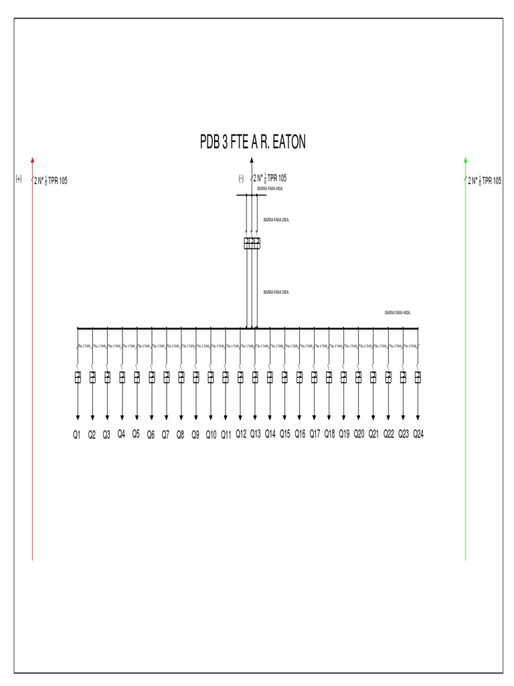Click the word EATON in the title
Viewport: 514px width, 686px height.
286,143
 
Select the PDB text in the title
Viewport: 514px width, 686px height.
213,143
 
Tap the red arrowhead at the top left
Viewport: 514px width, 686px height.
32,159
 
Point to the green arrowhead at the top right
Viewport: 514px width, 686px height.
466,159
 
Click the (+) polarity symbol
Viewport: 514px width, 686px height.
19,179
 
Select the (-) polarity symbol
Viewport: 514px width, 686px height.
240,178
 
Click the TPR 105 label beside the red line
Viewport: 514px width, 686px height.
58,180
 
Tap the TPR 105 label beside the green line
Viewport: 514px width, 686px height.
491,180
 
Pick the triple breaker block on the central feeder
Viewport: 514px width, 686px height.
252,243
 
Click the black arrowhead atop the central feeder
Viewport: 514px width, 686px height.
252,159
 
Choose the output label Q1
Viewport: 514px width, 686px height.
77,435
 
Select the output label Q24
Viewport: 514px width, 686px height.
418,434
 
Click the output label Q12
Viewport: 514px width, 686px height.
241,434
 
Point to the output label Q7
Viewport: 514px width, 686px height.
165,435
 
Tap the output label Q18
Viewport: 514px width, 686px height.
329,434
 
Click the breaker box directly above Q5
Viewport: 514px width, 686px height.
137,376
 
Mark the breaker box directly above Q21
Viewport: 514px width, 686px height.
373,376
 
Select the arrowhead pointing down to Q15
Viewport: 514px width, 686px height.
284,417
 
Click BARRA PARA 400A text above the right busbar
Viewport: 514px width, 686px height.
398,313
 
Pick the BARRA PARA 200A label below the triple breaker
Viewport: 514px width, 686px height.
276,293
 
